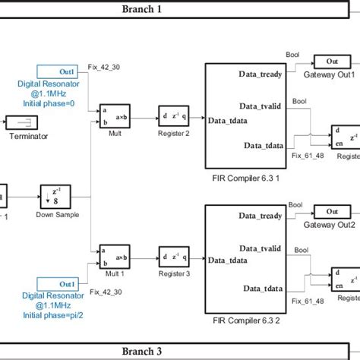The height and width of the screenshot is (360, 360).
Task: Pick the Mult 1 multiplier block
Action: click(x=114, y=259)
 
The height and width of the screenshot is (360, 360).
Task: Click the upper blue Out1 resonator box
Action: click(x=58, y=71)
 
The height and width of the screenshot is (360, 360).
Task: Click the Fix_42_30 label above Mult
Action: click(x=104, y=67)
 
